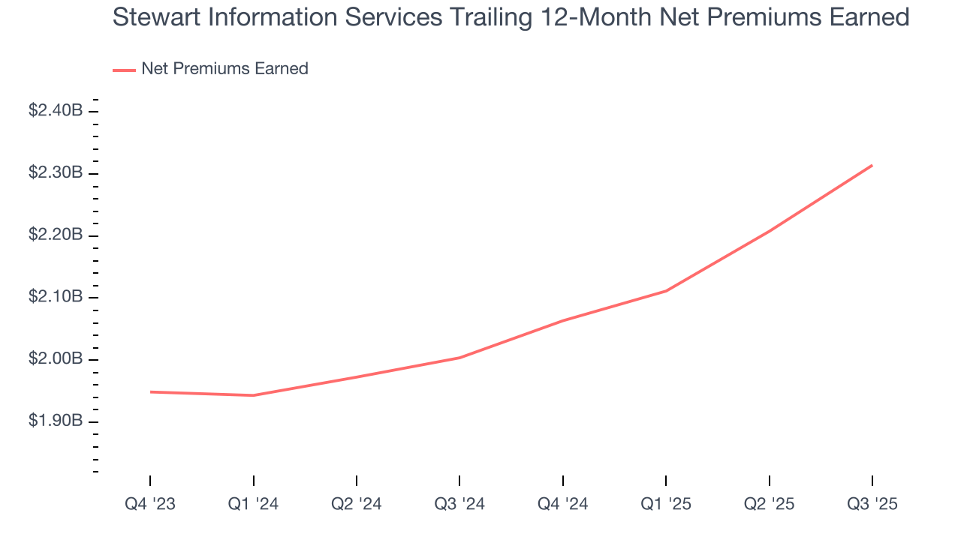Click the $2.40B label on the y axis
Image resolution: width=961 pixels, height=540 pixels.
(x=56, y=111)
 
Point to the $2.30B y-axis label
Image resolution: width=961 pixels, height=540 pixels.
(x=56, y=173)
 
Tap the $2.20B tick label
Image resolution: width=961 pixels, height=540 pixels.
(x=56, y=235)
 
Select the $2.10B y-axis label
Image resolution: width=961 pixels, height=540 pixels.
(x=56, y=297)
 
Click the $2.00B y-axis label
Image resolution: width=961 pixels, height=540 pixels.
(x=56, y=359)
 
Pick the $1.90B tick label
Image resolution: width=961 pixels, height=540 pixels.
(x=56, y=421)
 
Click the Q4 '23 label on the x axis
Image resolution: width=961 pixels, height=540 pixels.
(x=149, y=504)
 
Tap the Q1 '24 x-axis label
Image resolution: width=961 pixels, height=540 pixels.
(x=253, y=504)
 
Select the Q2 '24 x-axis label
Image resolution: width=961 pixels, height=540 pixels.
(x=356, y=504)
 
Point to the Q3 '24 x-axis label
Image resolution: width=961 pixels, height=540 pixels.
(x=459, y=504)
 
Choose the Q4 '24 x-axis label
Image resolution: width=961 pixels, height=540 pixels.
(x=562, y=504)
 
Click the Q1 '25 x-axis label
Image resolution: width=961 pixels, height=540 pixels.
(x=666, y=504)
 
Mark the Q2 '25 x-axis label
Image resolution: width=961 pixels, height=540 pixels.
(x=769, y=504)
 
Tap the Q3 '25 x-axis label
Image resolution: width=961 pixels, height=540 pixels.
(x=872, y=504)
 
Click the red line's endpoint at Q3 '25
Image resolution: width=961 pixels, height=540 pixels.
(x=872, y=165)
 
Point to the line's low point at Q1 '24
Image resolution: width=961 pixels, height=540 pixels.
(x=253, y=395)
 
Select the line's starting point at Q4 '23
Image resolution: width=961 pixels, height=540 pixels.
(x=149, y=391)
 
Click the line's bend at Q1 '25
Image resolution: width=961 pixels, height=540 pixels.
(x=666, y=291)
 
